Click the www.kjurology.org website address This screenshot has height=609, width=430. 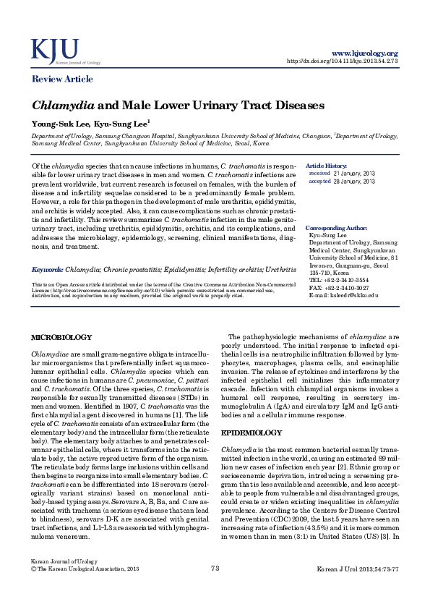(x=364, y=54)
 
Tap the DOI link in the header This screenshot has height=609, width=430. (x=343, y=61)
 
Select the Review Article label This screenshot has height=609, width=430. (x=61, y=78)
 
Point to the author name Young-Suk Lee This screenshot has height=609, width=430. (x=54, y=124)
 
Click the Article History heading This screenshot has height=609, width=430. (x=326, y=166)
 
